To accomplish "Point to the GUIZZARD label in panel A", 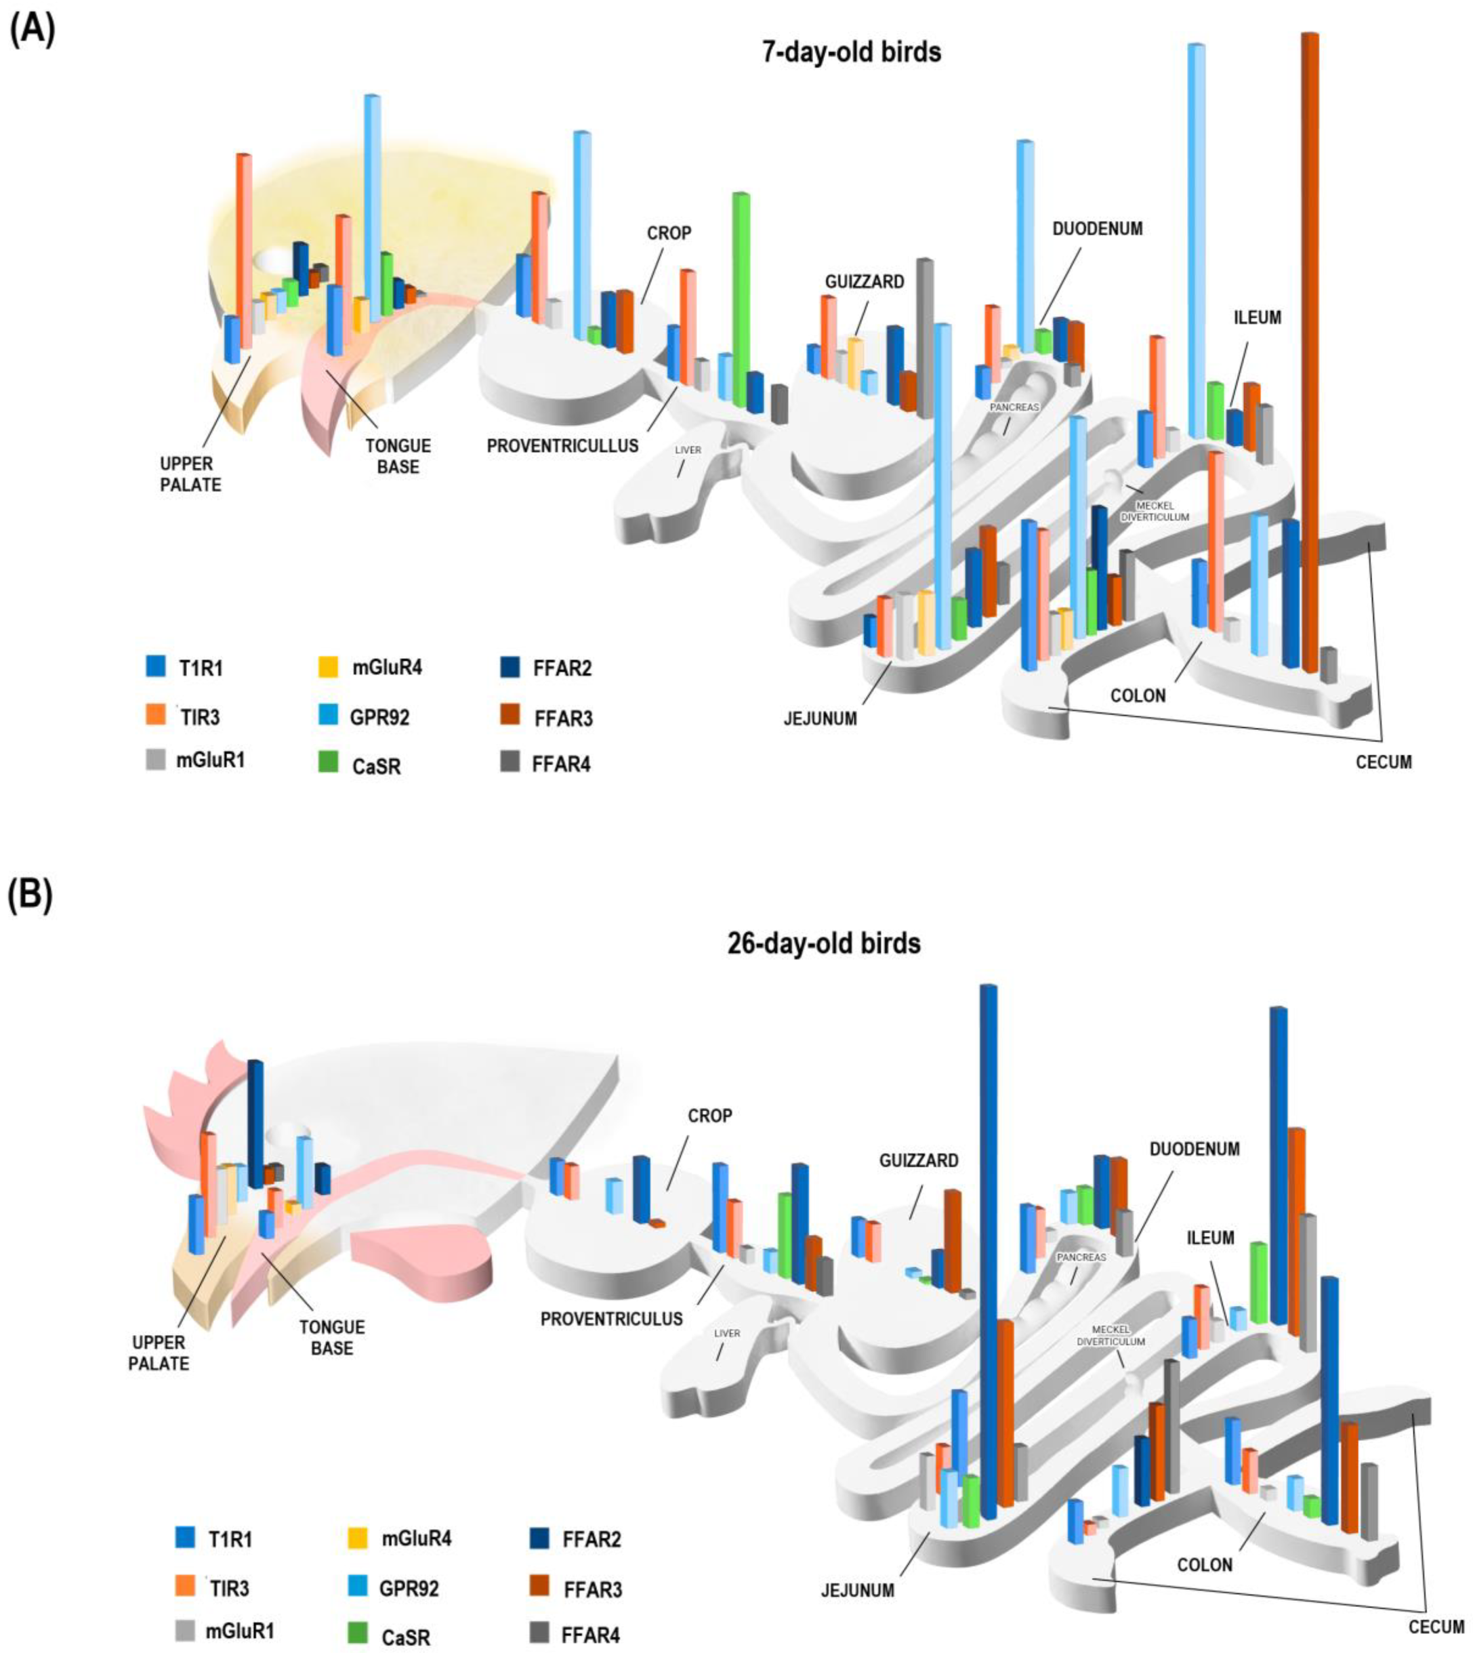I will [x=865, y=282].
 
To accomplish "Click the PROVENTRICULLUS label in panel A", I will [x=562, y=445].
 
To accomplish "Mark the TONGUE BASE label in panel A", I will [x=398, y=455].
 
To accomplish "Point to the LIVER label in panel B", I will [x=727, y=1333].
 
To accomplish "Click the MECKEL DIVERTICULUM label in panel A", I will [x=1155, y=511].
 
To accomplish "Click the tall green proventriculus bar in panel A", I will [x=740, y=300].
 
